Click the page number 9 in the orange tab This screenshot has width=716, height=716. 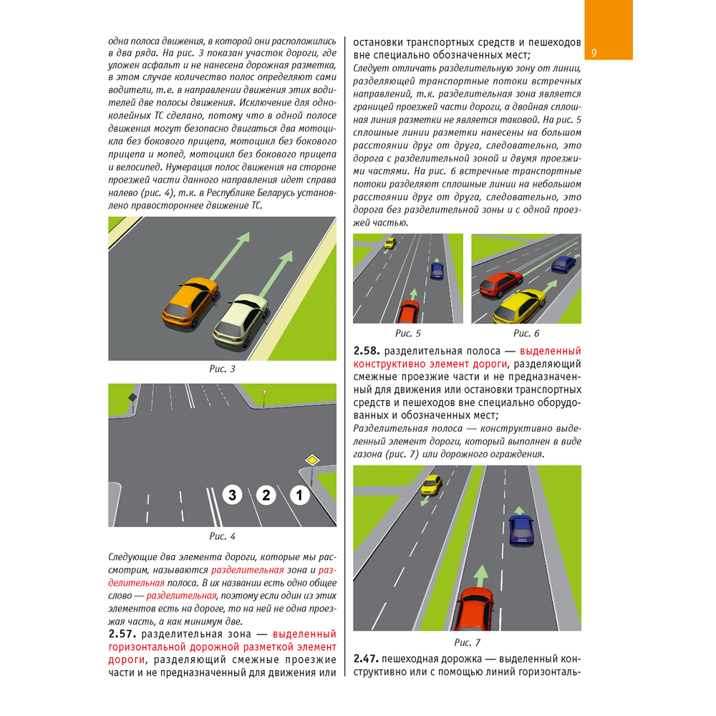pos(594,54)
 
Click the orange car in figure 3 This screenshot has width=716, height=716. pos(189,302)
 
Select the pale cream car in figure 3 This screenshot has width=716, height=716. pos(240,320)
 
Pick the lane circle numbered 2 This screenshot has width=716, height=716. pos(266,494)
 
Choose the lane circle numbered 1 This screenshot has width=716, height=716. pos(300,494)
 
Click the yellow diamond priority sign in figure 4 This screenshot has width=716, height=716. pos(311,460)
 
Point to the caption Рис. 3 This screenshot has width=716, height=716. pos(221,370)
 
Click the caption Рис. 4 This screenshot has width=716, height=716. pos(221,536)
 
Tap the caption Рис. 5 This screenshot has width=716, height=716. pos(408,333)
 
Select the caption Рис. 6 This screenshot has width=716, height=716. pos(526,333)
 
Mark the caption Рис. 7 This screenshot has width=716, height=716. pos(467,642)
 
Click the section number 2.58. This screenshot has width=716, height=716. pos(367,352)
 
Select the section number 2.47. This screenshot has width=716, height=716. pos(367,659)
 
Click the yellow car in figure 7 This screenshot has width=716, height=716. pos(430,485)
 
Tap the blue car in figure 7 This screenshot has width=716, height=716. pos(521,528)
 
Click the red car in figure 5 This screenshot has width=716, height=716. pos(409,311)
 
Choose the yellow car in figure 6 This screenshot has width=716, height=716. pos(519,306)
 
